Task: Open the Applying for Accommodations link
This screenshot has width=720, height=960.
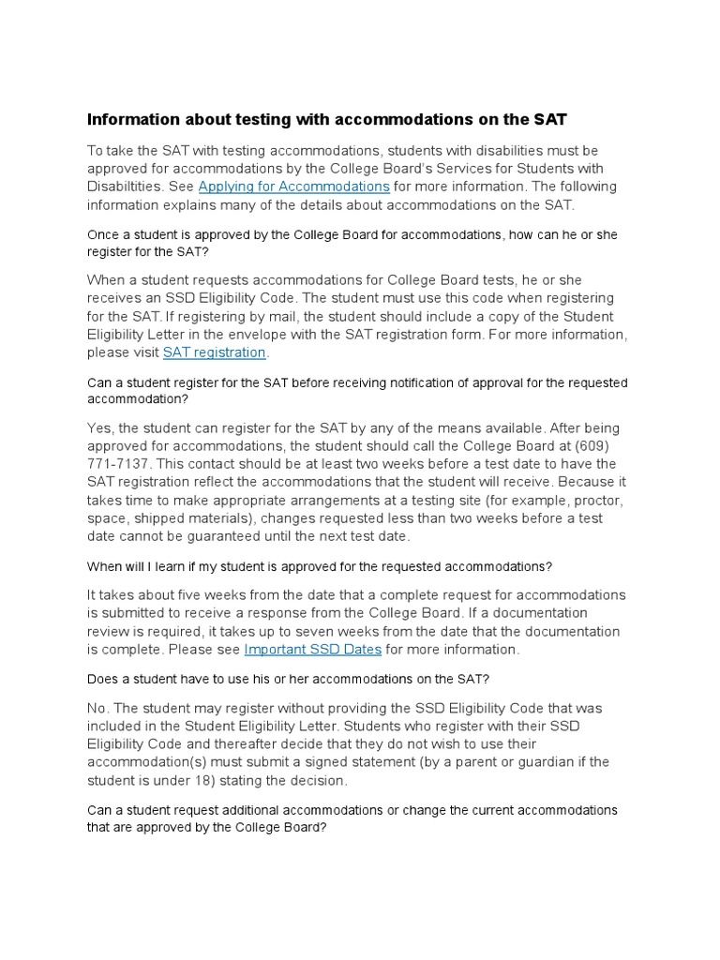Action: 293,187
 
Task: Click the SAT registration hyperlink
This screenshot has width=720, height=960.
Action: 215,352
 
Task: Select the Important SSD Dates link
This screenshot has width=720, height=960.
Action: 312,650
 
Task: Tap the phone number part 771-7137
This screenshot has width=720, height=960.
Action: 117,464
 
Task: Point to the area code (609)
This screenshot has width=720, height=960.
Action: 599,428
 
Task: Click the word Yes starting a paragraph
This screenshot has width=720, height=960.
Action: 100,428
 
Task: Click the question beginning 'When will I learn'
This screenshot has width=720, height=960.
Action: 319,566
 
